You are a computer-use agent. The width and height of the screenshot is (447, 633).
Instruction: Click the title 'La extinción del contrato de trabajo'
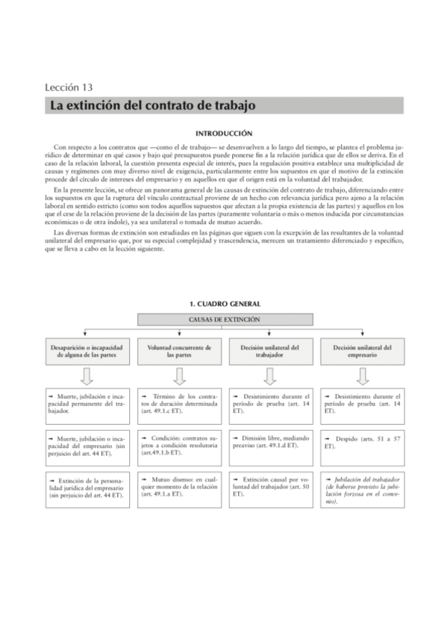[152, 105]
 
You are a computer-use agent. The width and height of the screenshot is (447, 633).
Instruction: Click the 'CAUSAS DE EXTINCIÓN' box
[223, 319]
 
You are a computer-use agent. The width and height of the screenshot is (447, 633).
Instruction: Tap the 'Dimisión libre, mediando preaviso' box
[269, 442]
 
